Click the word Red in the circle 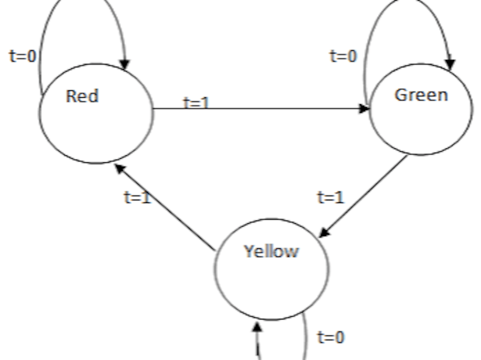tap(82, 97)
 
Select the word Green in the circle tap(421, 95)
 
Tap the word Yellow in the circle tap(271, 251)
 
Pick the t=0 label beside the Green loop tap(343, 56)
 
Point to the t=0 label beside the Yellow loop tap(331, 338)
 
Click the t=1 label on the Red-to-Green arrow tap(196, 103)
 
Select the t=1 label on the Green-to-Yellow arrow tap(331, 198)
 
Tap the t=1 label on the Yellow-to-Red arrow tap(137, 198)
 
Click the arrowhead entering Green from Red tap(364, 109)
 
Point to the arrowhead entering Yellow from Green tap(324, 233)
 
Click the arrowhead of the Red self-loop tap(126, 64)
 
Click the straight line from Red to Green tap(267, 109)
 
